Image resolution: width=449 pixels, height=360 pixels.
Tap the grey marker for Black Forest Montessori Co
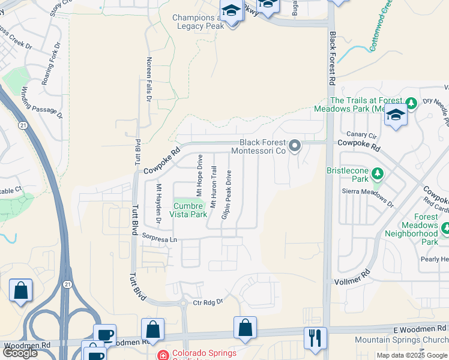click(x=295, y=146)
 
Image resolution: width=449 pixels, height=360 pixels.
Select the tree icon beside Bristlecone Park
click(x=378, y=174)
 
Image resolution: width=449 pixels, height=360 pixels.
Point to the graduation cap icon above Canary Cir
click(x=396, y=115)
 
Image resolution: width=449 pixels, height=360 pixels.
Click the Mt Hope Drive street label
click(x=199, y=176)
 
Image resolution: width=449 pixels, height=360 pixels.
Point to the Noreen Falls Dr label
click(x=148, y=79)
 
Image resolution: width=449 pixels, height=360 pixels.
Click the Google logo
click(x=20, y=353)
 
